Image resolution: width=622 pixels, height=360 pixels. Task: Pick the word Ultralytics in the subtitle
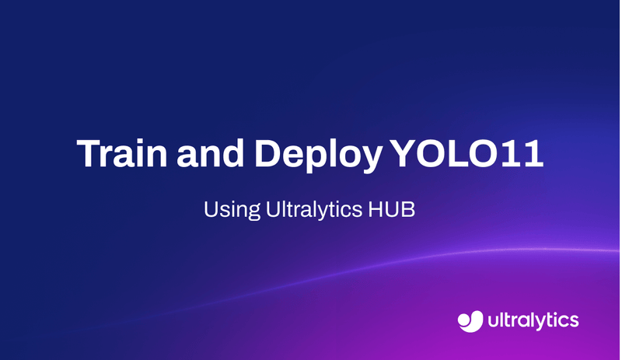coord(308,210)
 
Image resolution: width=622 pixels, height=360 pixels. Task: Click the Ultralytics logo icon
coord(470,319)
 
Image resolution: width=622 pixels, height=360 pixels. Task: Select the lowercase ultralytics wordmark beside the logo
coord(534,320)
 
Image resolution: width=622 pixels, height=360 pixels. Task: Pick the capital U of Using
coord(209,210)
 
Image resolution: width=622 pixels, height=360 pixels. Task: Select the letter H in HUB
coord(368,210)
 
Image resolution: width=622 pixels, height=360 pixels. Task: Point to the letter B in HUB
coord(404,210)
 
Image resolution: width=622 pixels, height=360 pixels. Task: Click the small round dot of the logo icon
coord(462,316)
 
